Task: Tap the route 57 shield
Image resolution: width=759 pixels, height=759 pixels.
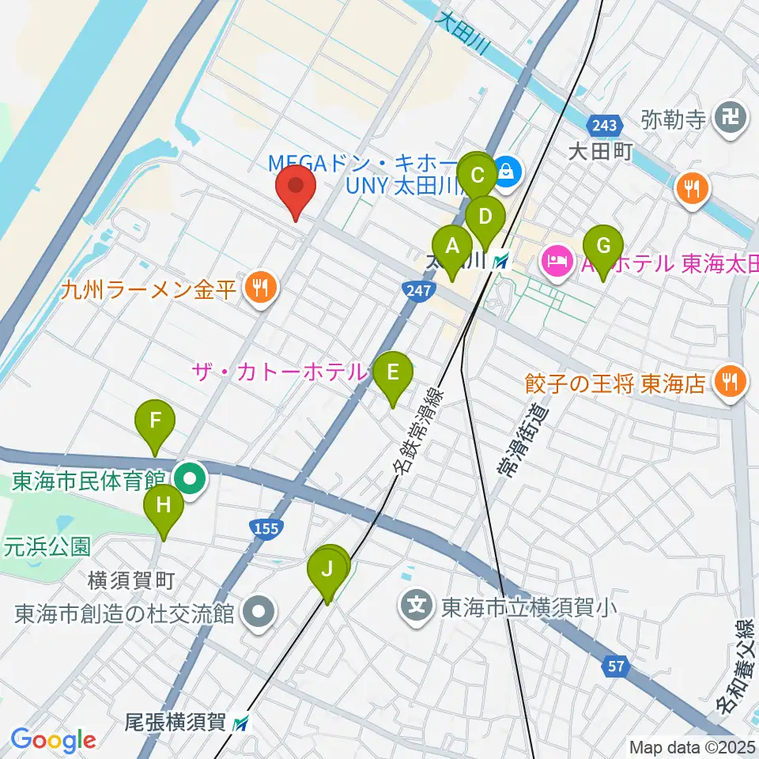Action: point(617,666)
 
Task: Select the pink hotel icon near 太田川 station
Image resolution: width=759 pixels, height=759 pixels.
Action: point(555,260)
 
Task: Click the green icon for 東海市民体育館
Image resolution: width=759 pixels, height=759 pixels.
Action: point(190,478)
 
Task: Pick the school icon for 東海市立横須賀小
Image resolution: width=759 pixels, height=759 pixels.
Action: point(417,607)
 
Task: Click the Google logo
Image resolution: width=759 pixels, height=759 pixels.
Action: point(53,740)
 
